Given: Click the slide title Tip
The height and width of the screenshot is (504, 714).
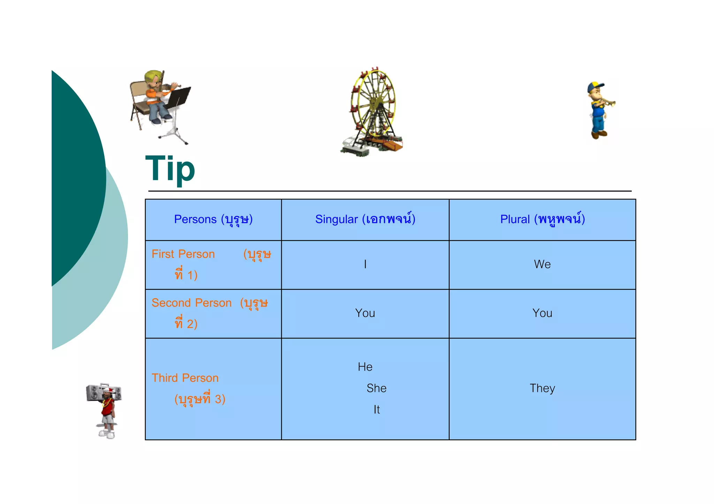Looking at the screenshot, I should [x=170, y=169].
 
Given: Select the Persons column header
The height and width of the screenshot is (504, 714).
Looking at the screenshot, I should [x=213, y=219].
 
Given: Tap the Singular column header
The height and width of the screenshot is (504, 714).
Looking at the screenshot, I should [x=365, y=219].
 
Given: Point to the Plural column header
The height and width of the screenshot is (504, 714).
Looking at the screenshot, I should [x=542, y=219].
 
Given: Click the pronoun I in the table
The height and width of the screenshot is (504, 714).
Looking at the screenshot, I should [x=365, y=264].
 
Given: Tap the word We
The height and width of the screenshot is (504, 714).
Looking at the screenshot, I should [x=542, y=264].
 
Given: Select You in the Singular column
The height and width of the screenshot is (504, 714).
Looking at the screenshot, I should [x=365, y=313].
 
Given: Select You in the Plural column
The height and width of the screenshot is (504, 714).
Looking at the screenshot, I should [x=542, y=313].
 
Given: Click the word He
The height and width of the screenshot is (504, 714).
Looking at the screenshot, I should [x=365, y=367].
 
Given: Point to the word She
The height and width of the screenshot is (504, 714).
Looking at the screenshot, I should [x=377, y=388].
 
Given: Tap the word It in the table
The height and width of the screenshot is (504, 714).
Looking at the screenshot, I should [x=377, y=410].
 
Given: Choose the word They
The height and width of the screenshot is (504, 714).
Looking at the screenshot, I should [x=542, y=388].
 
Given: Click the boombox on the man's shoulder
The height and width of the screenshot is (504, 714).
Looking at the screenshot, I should [x=104, y=392].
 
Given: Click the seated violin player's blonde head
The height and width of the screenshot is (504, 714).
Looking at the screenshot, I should [x=154, y=77].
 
